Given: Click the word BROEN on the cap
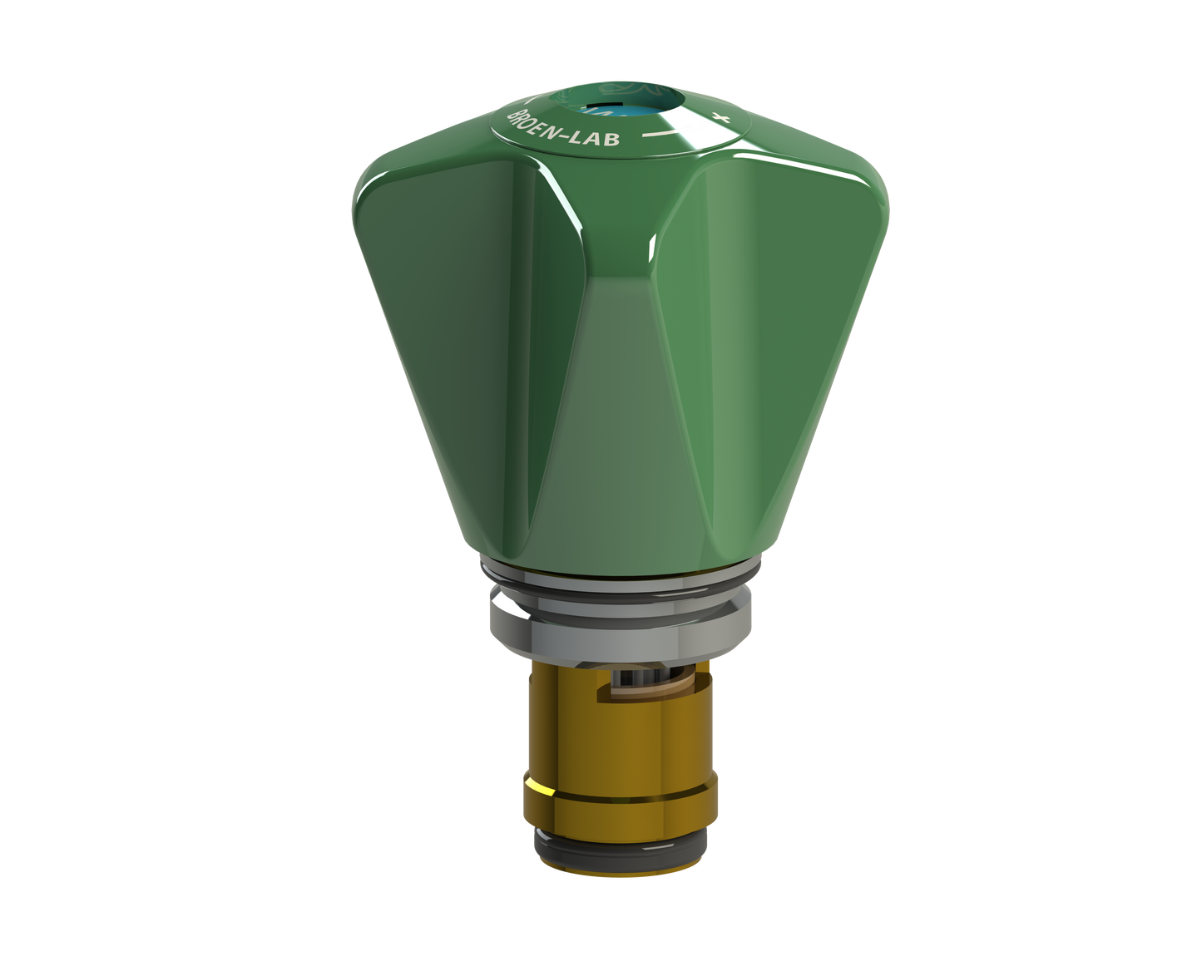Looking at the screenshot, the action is pyautogui.click(x=534, y=126).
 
